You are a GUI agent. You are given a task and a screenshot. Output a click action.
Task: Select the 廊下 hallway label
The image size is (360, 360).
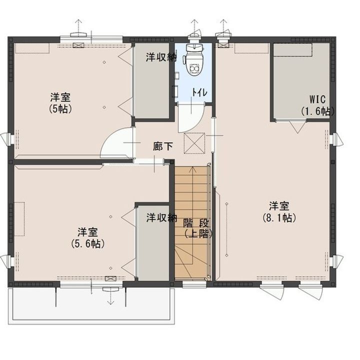point(163,146)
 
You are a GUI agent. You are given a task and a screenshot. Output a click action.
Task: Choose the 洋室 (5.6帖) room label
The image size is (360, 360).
point(87,237)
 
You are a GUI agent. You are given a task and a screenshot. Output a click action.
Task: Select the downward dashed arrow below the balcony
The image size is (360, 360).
point(109,298)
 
